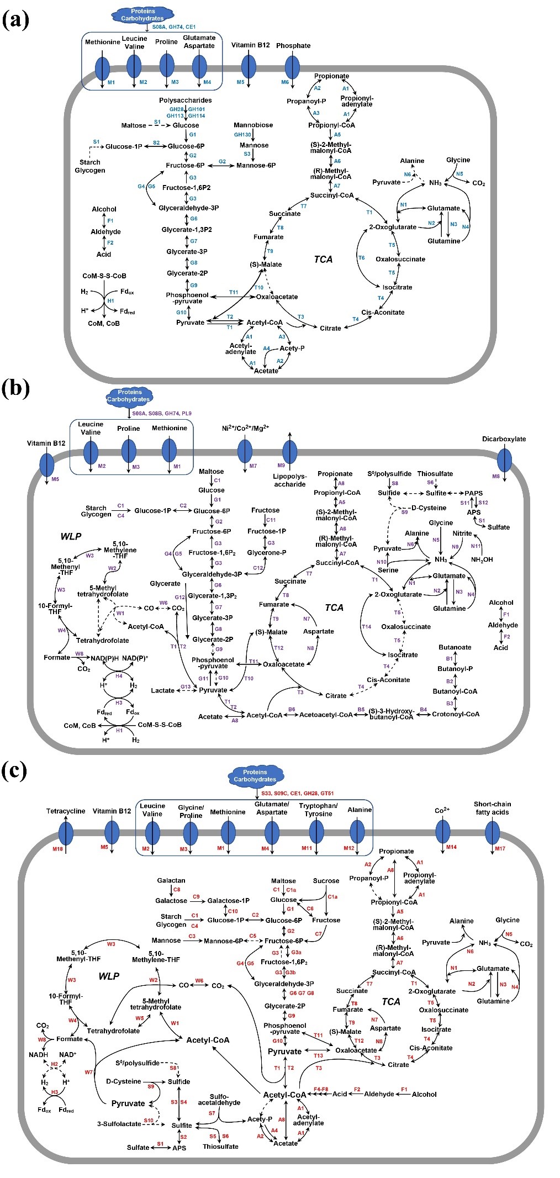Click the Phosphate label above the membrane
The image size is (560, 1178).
[x=293, y=46]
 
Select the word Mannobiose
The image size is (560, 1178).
[x=253, y=125]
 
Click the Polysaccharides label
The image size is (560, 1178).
[x=185, y=101]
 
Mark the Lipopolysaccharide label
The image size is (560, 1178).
[x=289, y=480]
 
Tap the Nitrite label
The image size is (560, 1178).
[x=462, y=533]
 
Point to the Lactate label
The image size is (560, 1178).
[x=162, y=690]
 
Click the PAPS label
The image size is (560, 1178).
[x=473, y=493]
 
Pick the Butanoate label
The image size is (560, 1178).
[x=455, y=647]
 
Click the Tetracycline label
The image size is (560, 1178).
[x=66, y=811]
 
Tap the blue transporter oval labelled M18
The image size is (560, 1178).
[x=66, y=832]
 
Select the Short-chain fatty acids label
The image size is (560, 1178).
[x=492, y=808]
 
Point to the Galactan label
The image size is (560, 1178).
[x=171, y=881]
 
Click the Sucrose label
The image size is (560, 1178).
[x=326, y=881]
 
